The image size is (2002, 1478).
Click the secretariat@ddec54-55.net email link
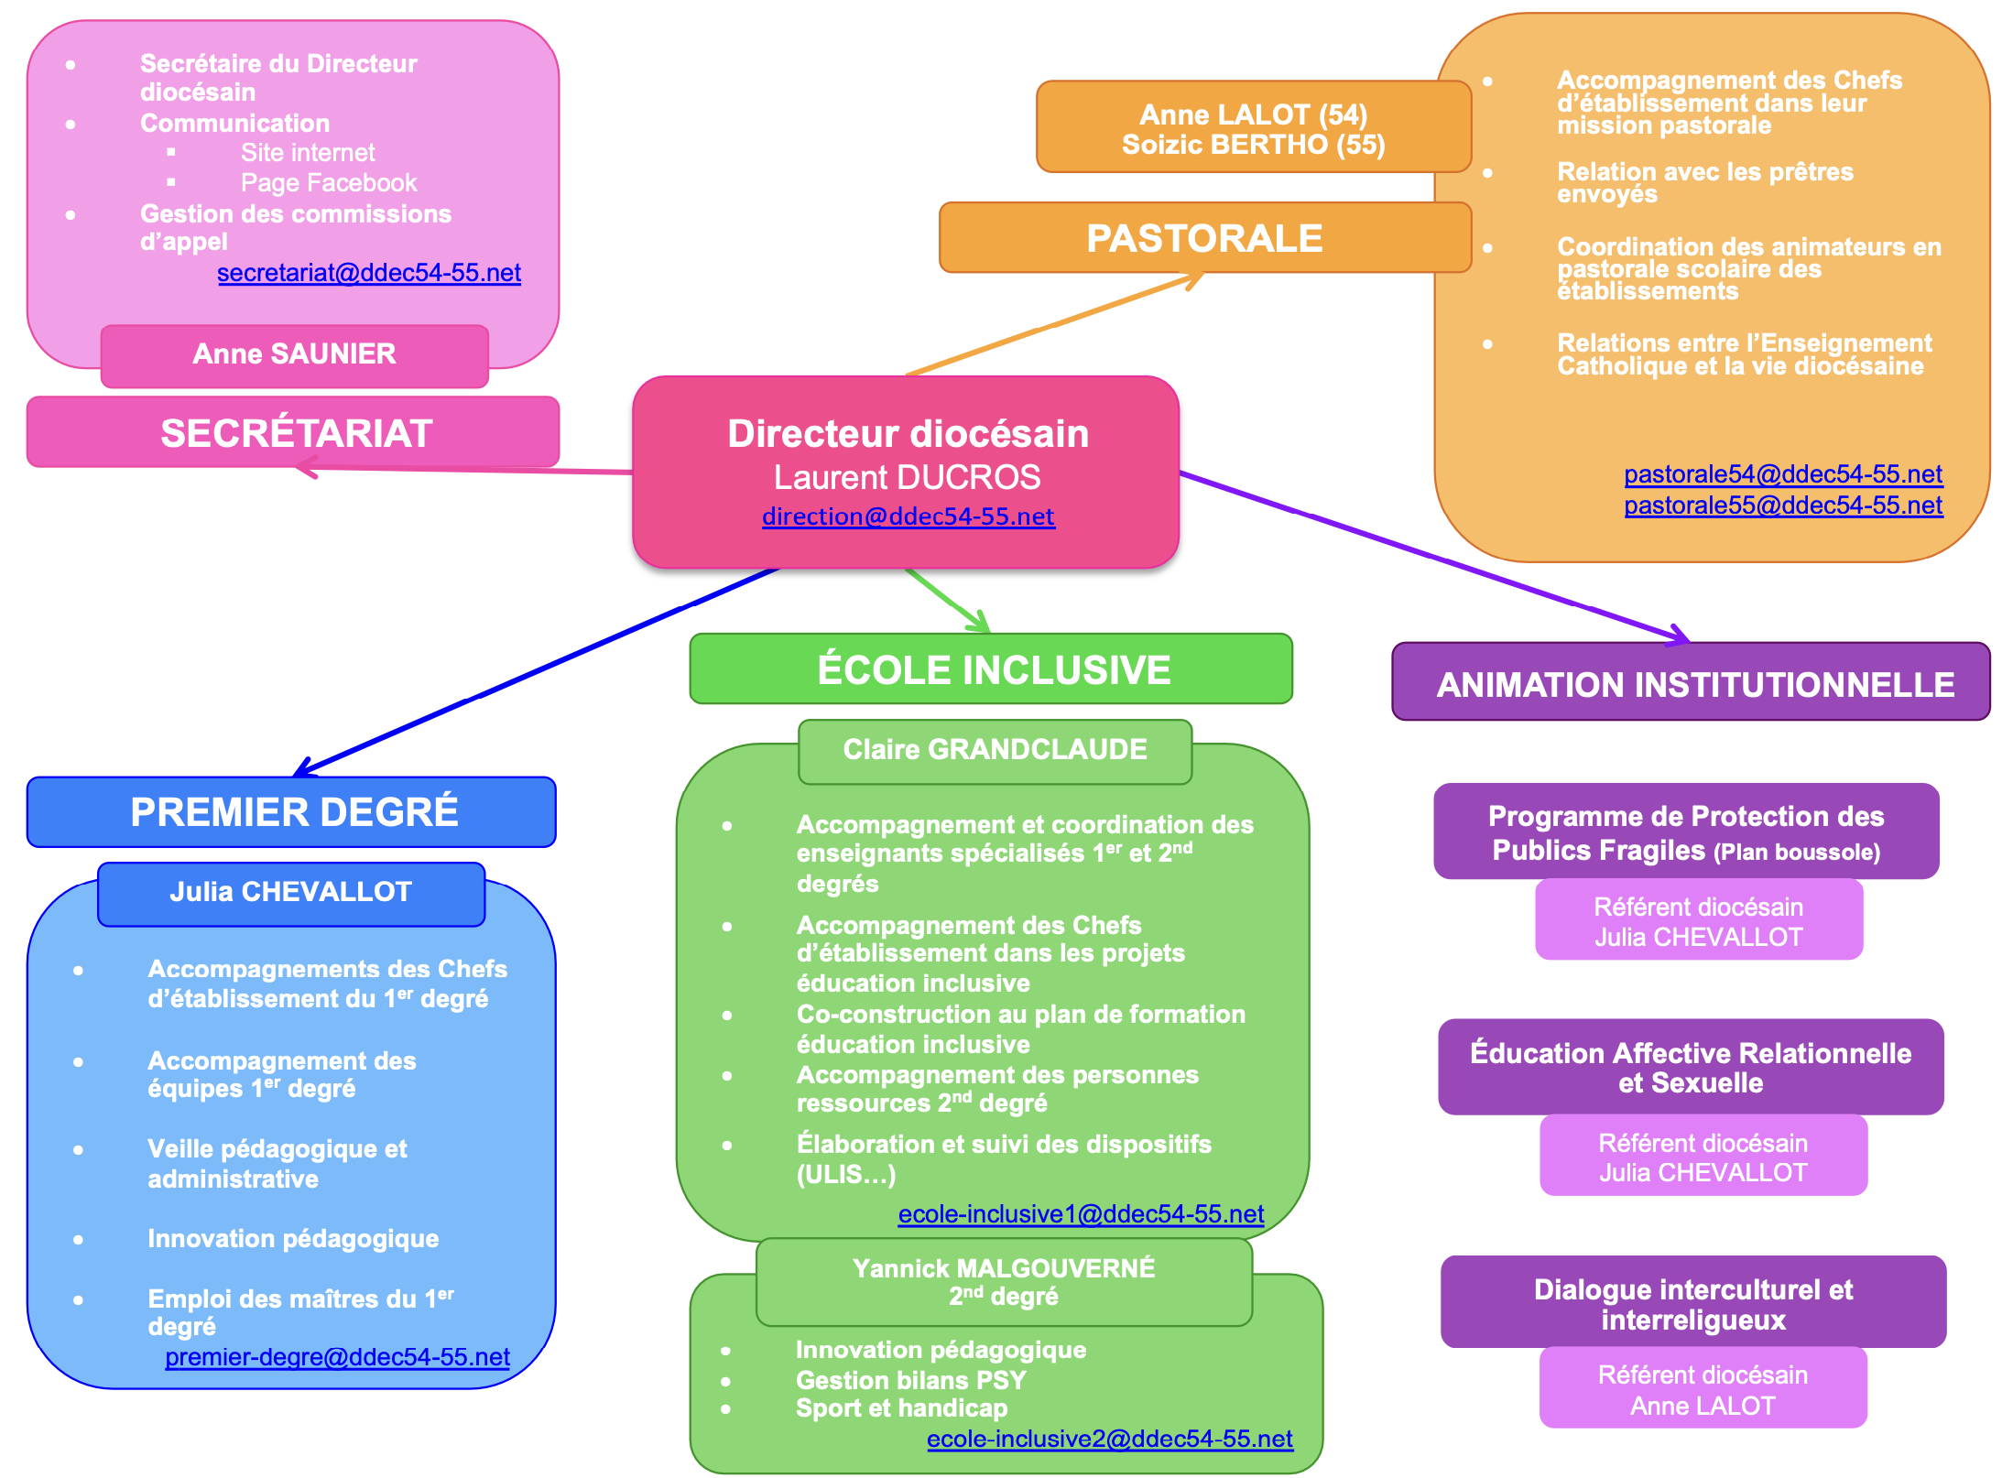369,273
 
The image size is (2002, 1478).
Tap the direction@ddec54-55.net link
908,516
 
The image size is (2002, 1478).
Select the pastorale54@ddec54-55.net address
1782,474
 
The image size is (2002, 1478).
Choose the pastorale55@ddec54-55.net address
1782,505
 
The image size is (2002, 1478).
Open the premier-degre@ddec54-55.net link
337,1357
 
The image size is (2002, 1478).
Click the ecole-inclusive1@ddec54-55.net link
1081,1214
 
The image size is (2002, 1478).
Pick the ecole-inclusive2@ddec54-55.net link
1109,1440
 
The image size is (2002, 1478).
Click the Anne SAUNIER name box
294,354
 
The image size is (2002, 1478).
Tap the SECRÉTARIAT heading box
293,432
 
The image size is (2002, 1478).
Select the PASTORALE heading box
1204,238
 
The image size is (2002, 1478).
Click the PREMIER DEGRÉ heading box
292,812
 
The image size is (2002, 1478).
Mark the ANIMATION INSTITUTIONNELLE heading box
1691,684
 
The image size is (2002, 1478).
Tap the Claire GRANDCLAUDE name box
995,750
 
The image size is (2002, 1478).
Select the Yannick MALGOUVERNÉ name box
1004,1282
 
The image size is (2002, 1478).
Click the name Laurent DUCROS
907,477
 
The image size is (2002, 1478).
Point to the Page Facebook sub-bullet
328,183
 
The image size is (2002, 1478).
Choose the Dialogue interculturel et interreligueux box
1692,1303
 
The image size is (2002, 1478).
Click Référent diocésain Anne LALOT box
1703,1389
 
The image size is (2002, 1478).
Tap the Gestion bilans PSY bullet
910,1380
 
